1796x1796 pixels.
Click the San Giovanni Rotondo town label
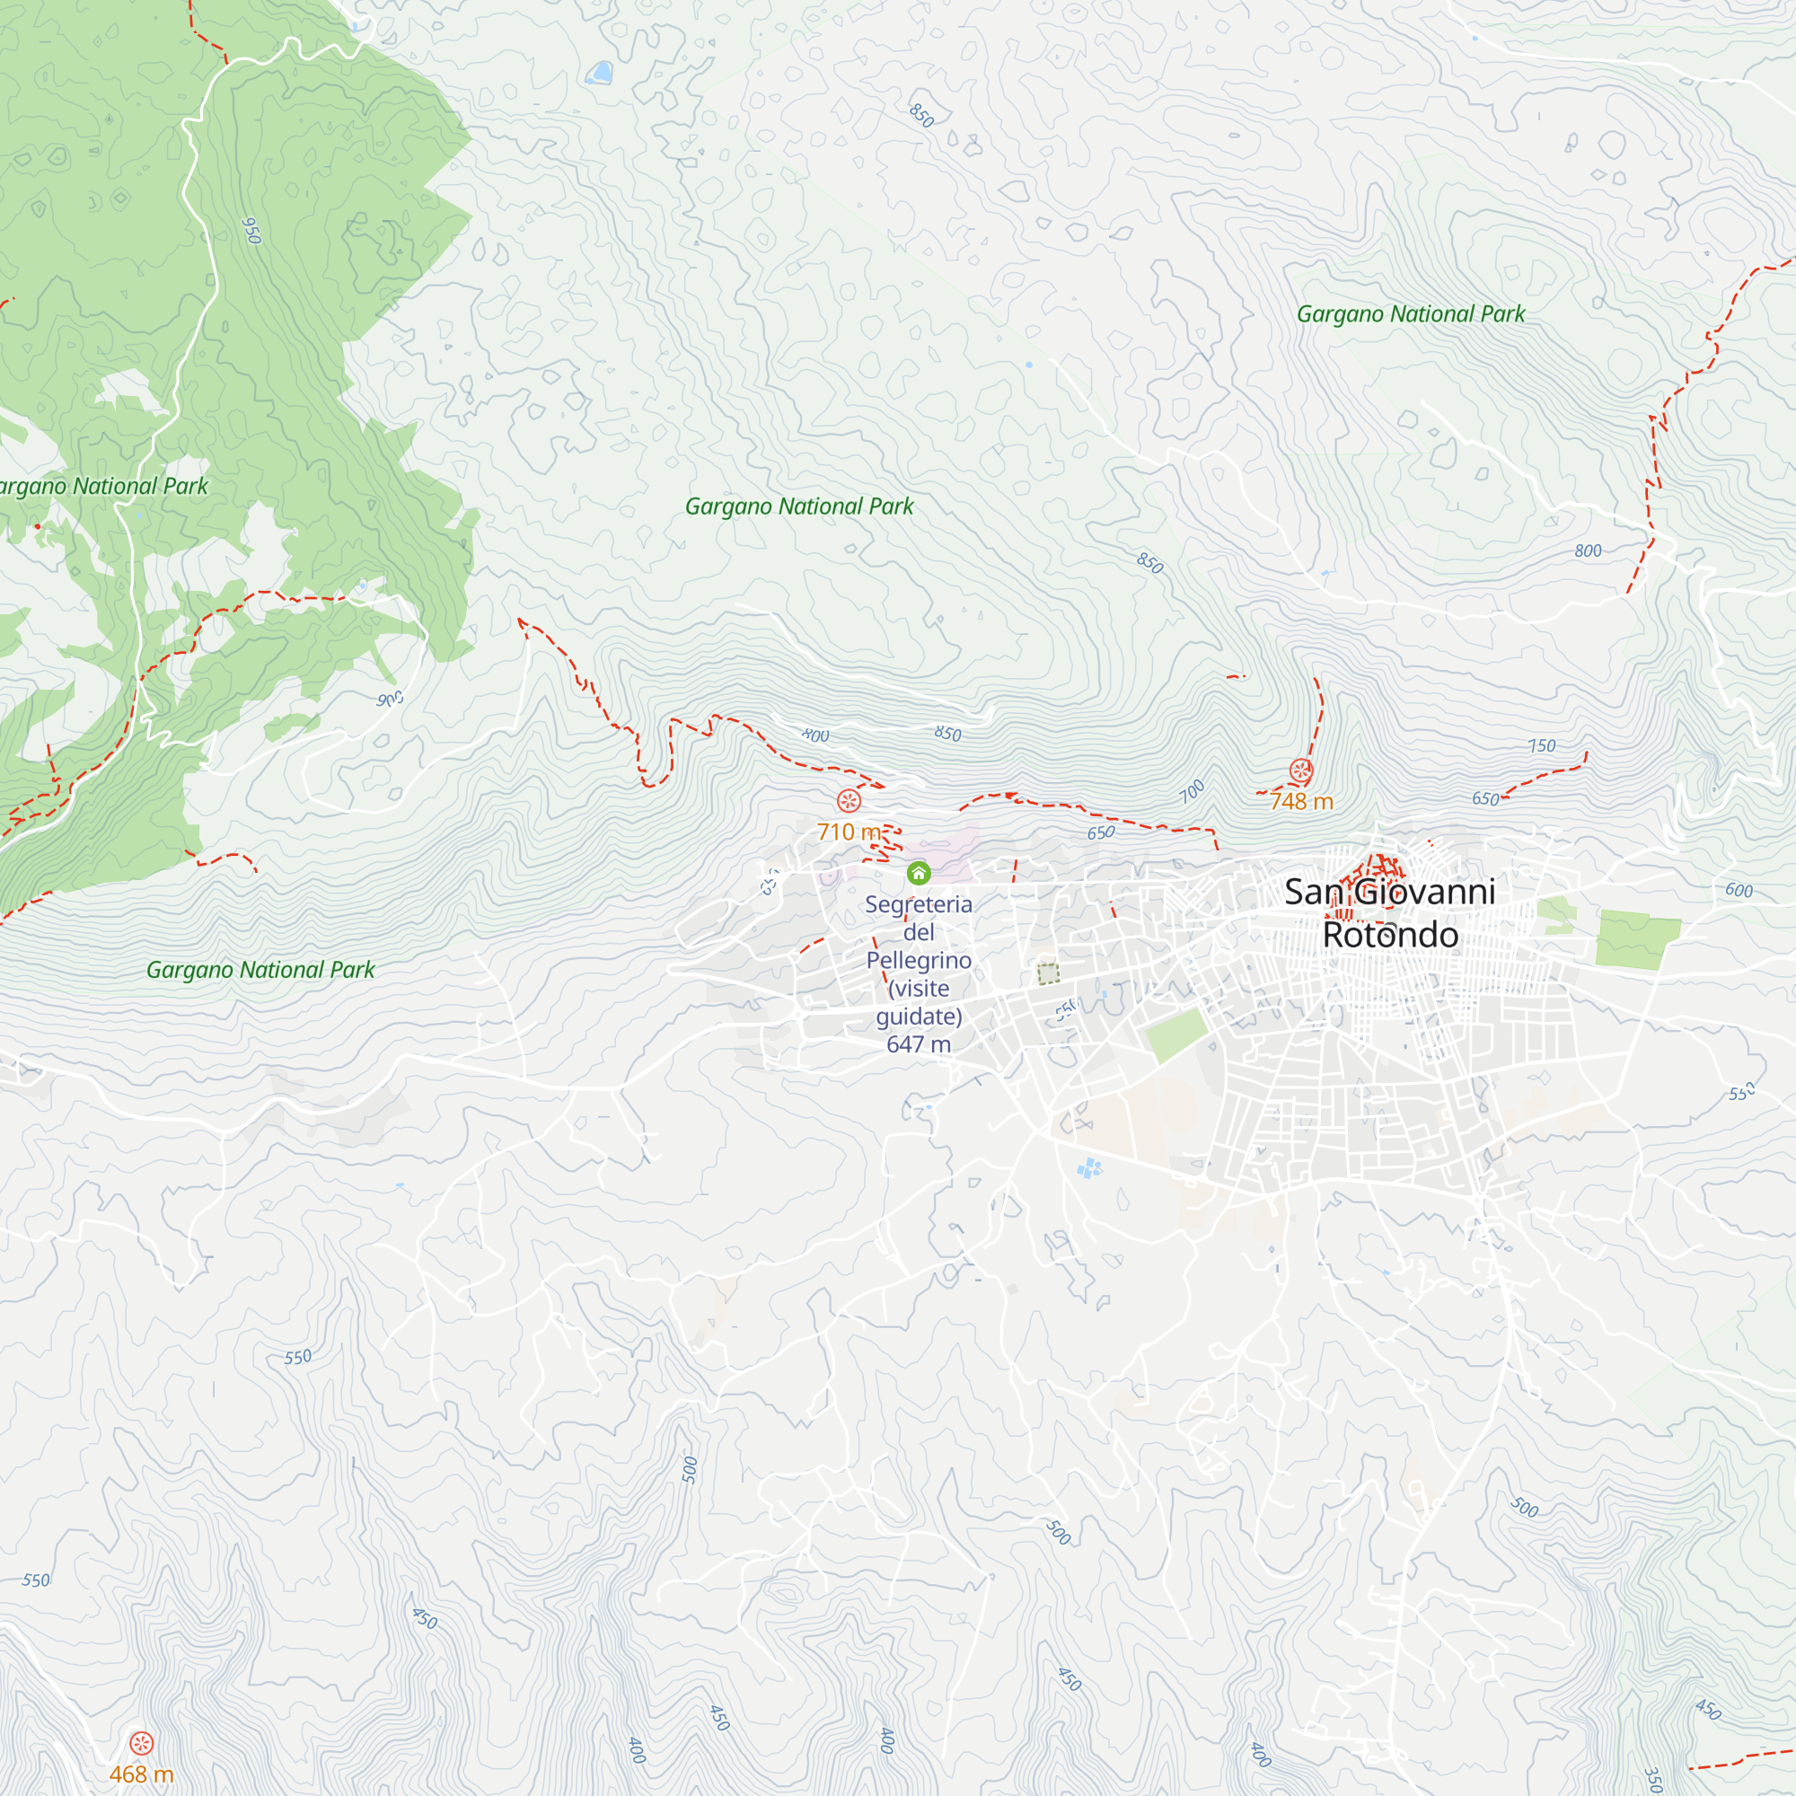(1390, 913)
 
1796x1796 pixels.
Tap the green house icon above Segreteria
(919, 873)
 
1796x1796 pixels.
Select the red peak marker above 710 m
(849, 800)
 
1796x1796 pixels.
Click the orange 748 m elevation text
(1301, 801)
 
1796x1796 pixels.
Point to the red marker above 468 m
(141, 1743)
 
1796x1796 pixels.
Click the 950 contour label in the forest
(251, 230)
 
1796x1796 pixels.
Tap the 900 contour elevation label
(391, 698)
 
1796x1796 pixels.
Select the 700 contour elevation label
(1192, 791)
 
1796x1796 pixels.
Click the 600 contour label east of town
(1739, 890)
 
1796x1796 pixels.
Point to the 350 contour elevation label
(1654, 1779)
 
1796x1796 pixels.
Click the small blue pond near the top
(601, 73)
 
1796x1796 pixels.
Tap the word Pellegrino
(919, 960)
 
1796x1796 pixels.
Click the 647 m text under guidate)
(919, 1044)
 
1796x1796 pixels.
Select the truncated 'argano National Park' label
(102, 486)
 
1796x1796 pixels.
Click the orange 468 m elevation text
(141, 1774)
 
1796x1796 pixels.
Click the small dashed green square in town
(1049, 974)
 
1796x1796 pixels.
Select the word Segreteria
(919, 904)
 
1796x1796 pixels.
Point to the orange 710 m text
(848, 832)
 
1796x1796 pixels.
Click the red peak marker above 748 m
(1300, 770)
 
